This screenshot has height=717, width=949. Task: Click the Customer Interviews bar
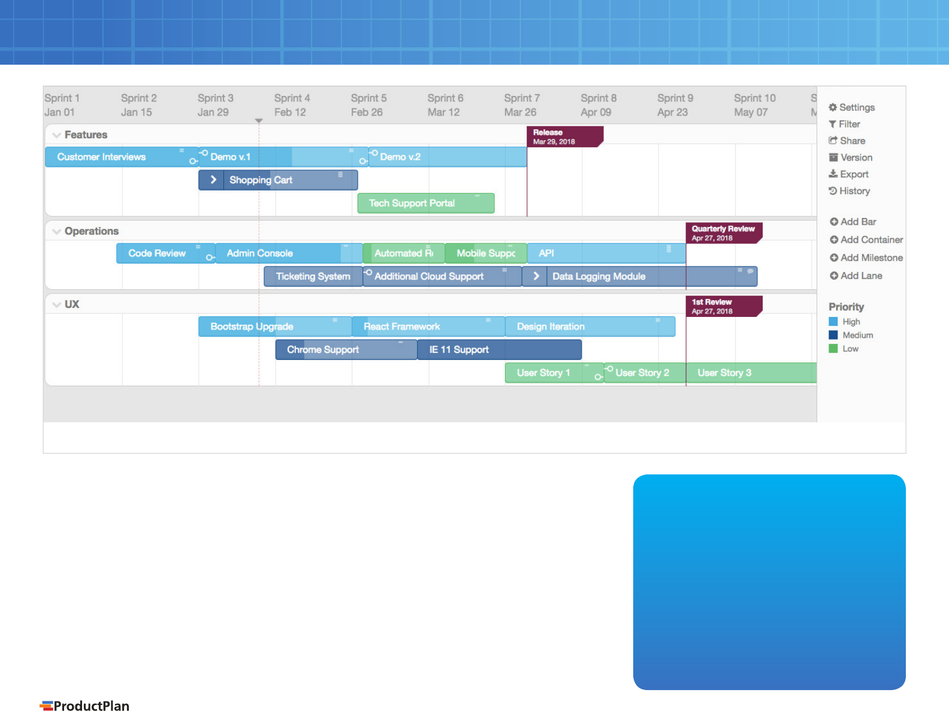click(x=122, y=157)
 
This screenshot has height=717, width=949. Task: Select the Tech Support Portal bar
click(x=426, y=203)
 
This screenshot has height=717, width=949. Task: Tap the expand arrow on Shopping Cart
click(x=213, y=180)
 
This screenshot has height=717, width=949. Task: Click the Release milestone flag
click(x=564, y=137)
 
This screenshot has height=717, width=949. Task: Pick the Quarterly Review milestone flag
click(x=724, y=233)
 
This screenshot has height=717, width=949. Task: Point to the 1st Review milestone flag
click(x=724, y=306)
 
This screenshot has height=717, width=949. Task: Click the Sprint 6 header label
click(x=445, y=105)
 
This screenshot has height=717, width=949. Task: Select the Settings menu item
click(x=852, y=107)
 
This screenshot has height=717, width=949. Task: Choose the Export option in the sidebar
click(x=848, y=174)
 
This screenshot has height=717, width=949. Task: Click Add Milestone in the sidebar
click(x=866, y=258)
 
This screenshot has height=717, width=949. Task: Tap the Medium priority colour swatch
click(x=833, y=335)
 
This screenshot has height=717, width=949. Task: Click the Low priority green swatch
click(x=833, y=349)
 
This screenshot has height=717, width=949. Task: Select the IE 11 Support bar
click(x=499, y=350)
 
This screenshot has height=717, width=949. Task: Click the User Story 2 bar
click(x=645, y=373)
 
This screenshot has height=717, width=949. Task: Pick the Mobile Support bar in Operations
click(x=485, y=253)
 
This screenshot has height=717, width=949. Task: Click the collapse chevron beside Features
click(x=56, y=135)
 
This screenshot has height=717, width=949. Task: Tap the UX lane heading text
click(x=72, y=304)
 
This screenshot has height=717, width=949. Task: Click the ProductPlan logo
click(x=84, y=706)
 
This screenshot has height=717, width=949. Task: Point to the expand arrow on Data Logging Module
click(x=536, y=276)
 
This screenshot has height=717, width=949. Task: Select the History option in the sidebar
click(x=849, y=191)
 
